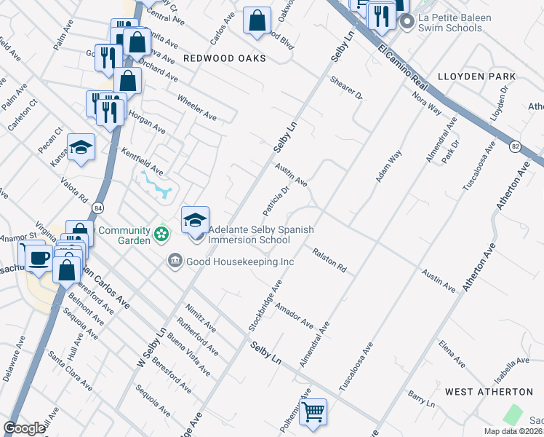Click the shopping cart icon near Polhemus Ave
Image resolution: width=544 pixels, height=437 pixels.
point(313,412)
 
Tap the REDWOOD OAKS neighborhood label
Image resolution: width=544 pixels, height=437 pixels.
point(224,58)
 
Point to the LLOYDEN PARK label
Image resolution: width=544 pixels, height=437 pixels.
point(476,76)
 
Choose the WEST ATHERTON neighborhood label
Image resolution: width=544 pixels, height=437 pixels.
point(480,392)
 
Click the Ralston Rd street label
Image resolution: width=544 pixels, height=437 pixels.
point(329,260)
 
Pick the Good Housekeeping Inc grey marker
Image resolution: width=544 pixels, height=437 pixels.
point(175,261)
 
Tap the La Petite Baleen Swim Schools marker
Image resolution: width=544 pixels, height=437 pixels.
point(407,23)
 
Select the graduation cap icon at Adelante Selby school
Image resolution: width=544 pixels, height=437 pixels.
point(195,221)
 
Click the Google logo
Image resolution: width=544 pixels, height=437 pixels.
point(24,428)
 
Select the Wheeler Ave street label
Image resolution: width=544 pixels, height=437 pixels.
point(197,106)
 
